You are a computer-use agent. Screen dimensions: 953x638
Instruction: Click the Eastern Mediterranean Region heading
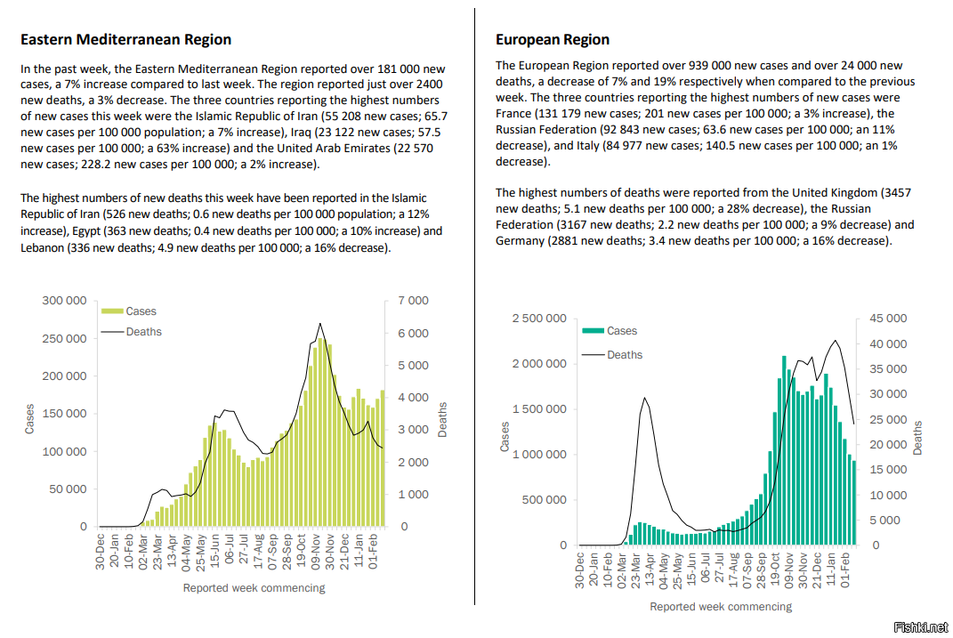coord(125,40)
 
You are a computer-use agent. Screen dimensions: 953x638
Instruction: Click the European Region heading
coord(553,40)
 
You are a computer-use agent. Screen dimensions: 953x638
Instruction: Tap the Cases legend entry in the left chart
coord(129,311)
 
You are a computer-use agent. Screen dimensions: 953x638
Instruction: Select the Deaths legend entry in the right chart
coord(612,355)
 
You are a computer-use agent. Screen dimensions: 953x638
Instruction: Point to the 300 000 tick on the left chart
coord(64,300)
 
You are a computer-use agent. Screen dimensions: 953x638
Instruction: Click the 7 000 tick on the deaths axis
coord(413,300)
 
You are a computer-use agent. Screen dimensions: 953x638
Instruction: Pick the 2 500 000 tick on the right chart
coord(539,319)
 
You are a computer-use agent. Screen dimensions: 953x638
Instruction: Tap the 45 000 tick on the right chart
coord(888,319)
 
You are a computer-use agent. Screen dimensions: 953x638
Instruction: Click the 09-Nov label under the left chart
coord(316,552)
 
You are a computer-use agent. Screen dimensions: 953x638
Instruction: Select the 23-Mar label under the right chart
coord(635,570)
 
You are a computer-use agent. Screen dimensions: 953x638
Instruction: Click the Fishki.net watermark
coord(921,627)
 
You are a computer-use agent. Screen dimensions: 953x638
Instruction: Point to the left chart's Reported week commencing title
coord(254,588)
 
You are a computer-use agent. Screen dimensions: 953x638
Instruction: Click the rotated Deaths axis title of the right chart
coord(917,438)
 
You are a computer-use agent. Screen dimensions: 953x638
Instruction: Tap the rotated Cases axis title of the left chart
coord(29,419)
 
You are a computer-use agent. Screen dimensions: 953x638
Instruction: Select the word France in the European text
coord(513,114)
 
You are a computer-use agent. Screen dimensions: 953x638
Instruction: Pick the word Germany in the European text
coord(520,241)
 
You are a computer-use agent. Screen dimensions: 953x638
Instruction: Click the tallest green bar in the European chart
coord(784,450)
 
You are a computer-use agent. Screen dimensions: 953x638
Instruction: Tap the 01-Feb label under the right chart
coord(844,570)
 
